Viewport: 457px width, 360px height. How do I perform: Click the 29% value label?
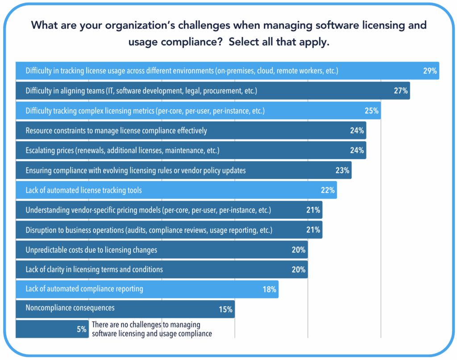[430, 71]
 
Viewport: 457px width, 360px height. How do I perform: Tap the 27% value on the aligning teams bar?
[401, 91]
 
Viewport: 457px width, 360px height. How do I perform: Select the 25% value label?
[372, 111]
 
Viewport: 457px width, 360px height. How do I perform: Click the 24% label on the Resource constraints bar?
[357, 131]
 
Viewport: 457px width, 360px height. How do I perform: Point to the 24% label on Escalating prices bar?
[357, 151]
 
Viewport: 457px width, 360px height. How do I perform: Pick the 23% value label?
[342, 170]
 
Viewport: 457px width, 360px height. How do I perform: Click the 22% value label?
[328, 190]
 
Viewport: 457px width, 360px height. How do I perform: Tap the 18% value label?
[270, 289]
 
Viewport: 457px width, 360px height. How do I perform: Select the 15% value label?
[226, 310]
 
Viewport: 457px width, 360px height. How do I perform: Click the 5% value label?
[82, 330]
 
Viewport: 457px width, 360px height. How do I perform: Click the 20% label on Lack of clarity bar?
[299, 270]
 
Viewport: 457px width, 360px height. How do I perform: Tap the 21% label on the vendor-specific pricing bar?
[313, 210]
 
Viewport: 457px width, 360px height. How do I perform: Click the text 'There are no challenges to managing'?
[146, 325]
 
